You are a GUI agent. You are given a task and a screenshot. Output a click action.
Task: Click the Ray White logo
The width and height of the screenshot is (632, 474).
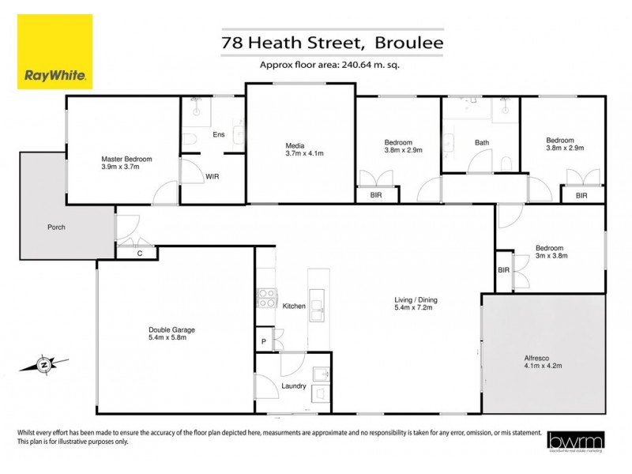(x=55, y=52)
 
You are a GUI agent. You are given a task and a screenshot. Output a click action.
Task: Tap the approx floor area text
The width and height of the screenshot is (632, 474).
(x=329, y=66)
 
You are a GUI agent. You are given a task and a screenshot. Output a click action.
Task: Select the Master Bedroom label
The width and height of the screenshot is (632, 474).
(x=126, y=159)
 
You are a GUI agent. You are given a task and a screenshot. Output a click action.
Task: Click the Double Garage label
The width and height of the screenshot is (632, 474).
(x=171, y=330)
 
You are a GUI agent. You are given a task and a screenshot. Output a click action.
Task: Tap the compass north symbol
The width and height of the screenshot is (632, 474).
(x=44, y=365)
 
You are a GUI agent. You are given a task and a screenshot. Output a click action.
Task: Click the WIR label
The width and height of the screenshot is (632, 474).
(x=213, y=177)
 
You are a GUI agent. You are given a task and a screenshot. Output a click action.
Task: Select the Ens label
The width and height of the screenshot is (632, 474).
(x=219, y=135)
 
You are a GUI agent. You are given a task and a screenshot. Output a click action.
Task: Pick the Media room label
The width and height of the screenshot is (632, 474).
(x=295, y=145)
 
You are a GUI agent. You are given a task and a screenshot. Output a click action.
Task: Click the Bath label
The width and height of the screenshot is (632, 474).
(x=482, y=143)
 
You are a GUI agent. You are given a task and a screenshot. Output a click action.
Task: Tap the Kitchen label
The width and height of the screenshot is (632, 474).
(x=294, y=306)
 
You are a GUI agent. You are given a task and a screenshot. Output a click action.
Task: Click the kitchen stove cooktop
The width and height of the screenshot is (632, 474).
(x=266, y=298)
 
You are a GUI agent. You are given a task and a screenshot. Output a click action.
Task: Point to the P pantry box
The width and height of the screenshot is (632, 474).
(x=263, y=341)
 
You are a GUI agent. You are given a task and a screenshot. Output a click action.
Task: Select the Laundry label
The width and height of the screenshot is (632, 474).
(x=294, y=386)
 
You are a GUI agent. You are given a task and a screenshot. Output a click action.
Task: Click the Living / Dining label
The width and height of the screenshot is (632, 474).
(x=416, y=300)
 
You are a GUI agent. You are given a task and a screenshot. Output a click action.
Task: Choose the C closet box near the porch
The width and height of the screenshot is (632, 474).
(x=139, y=253)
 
